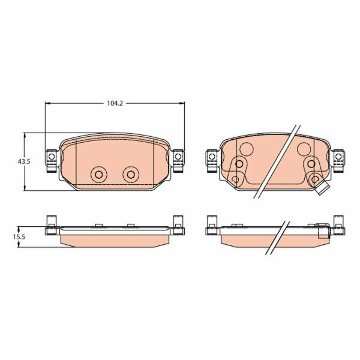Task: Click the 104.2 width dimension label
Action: point(115,103)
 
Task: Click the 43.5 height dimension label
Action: point(24,161)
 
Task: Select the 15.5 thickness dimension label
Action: point(19,237)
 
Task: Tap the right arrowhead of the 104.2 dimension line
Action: point(182,103)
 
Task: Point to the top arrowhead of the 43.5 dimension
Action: point(25,136)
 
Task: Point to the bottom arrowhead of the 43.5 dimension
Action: point(25,188)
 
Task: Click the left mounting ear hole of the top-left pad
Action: point(52,157)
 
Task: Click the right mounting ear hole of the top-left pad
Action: point(178,157)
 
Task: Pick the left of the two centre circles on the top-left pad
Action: point(99,175)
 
